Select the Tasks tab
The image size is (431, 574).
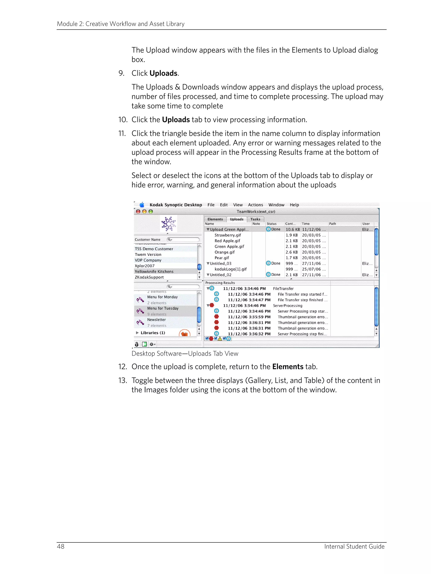click(x=255, y=219)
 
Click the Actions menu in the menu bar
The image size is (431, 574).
click(x=255, y=205)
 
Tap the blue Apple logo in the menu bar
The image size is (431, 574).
click(x=142, y=205)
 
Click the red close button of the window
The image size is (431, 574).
click(x=138, y=211)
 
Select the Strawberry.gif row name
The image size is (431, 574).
click(x=227, y=235)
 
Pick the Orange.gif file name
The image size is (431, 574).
click(x=224, y=252)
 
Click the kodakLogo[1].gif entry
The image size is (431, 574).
click(x=230, y=269)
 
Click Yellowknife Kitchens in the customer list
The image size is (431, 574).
click(x=154, y=271)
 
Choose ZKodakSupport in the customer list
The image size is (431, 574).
click(x=149, y=277)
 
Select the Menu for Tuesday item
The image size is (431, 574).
click(x=163, y=308)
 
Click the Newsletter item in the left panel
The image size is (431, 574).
click(x=156, y=320)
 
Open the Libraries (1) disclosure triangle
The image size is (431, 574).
click(x=137, y=333)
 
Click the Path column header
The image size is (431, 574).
click(x=332, y=224)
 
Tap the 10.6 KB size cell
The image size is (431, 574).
click(x=292, y=229)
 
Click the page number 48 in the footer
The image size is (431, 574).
click(x=60, y=546)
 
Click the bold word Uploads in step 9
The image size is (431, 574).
click(x=163, y=73)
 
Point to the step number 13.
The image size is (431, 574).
click(x=122, y=380)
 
